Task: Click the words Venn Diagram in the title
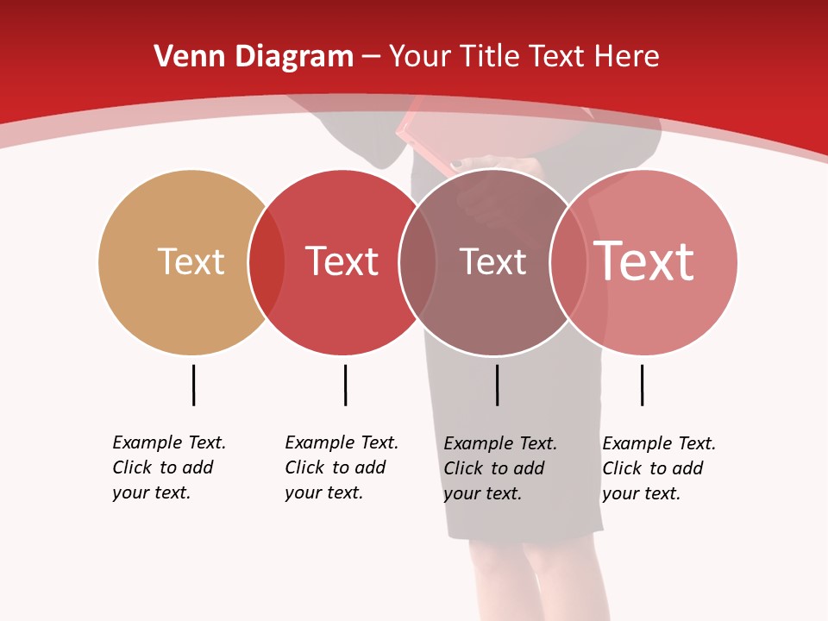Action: click(x=254, y=57)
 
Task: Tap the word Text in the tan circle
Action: click(x=191, y=261)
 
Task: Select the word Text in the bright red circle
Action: click(x=342, y=261)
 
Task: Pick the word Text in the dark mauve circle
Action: click(x=492, y=261)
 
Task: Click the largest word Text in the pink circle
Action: click(x=644, y=261)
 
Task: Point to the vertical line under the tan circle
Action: click(x=193, y=385)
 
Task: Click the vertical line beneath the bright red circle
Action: click(x=345, y=385)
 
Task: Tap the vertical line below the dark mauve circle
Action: click(x=497, y=385)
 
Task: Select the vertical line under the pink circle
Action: click(x=642, y=385)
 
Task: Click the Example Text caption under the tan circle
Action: click(x=169, y=467)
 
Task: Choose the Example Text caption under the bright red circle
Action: click(x=342, y=467)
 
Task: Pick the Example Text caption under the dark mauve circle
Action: click(x=500, y=468)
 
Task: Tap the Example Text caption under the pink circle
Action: click(x=659, y=468)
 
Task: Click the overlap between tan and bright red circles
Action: click(x=267, y=262)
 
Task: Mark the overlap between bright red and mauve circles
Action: click(x=417, y=262)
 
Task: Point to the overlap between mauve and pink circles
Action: click(x=568, y=262)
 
